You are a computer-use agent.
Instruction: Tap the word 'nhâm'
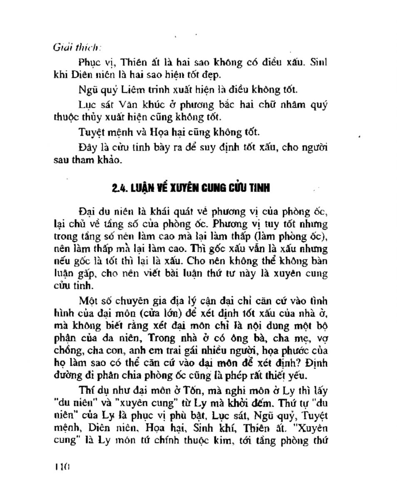284,105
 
